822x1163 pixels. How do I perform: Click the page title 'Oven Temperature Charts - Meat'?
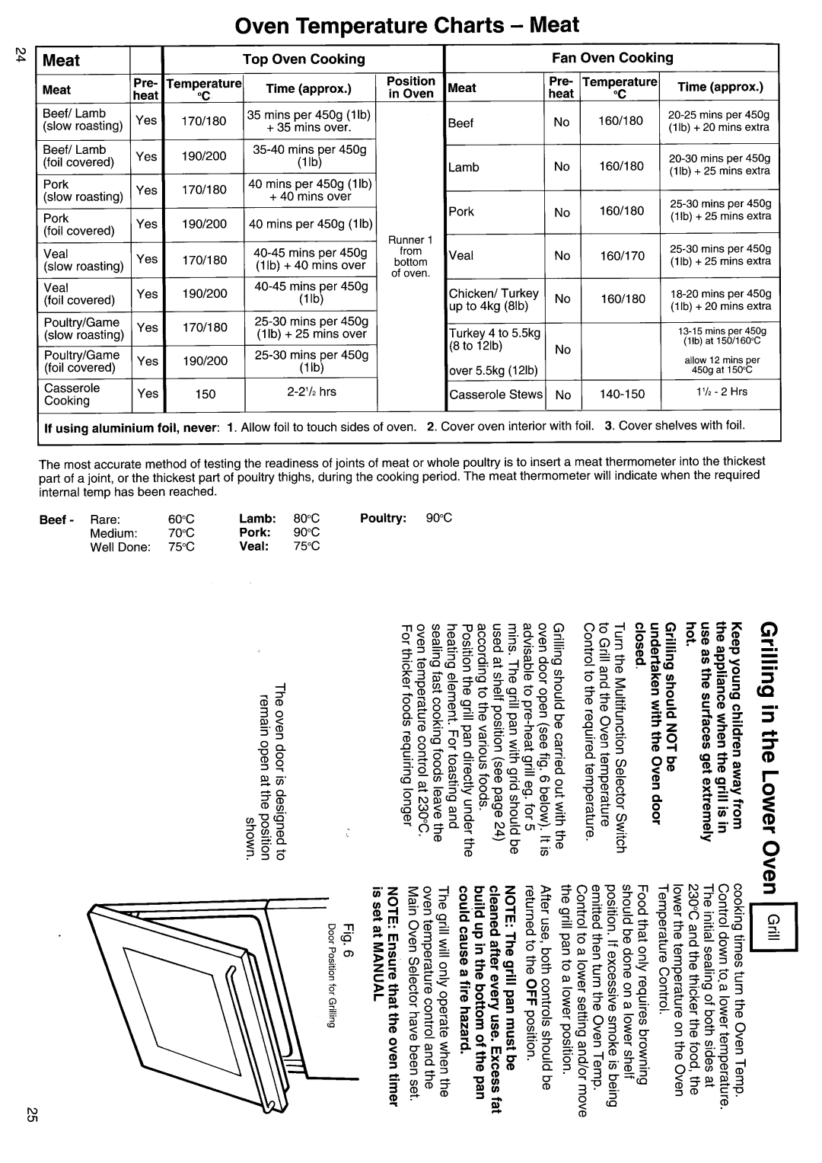pos(407,24)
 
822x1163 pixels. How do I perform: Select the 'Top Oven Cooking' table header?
pos(304,59)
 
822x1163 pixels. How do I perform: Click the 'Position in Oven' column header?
pos(411,87)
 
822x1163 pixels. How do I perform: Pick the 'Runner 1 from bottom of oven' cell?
pos(410,257)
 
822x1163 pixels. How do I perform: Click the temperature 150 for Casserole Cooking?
pos(205,394)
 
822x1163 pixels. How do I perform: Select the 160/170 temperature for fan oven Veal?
pos(621,256)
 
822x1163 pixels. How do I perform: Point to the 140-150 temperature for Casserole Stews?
pos(621,394)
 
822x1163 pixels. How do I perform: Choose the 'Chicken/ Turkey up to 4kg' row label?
pos(494,299)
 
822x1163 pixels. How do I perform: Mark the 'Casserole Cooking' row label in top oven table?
pos(72,394)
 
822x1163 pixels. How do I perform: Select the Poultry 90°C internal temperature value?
pos(439,519)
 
